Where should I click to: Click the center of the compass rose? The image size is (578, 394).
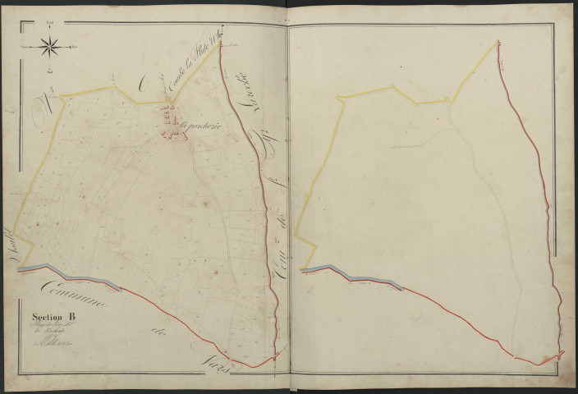click(48, 47)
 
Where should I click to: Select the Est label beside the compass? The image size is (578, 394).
click(73, 47)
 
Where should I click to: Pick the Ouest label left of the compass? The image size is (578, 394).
click(25, 47)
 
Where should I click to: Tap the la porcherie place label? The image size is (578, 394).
click(197, 126)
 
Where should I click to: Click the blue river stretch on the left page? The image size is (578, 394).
click(57, 268)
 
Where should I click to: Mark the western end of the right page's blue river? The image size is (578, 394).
click(302, 270)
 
